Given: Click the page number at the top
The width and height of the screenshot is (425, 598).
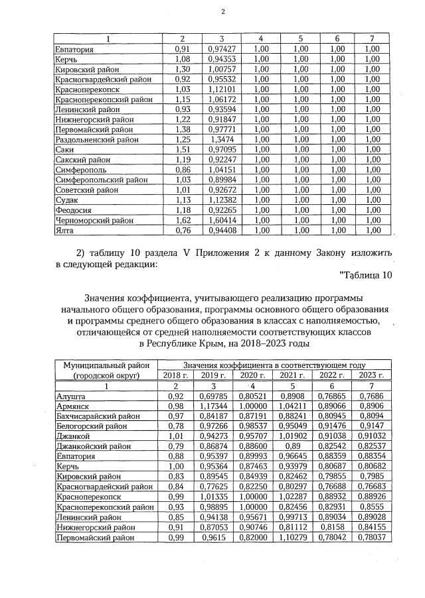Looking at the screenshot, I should [x=222, y=11].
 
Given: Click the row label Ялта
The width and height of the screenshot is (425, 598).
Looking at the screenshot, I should [x=65, y=230].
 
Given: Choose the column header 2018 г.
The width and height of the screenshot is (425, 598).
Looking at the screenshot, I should [x=176, y=375].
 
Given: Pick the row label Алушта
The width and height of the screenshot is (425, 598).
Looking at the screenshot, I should [x=71, y=396].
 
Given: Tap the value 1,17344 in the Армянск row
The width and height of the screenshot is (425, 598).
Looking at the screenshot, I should [x=214, y=406].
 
